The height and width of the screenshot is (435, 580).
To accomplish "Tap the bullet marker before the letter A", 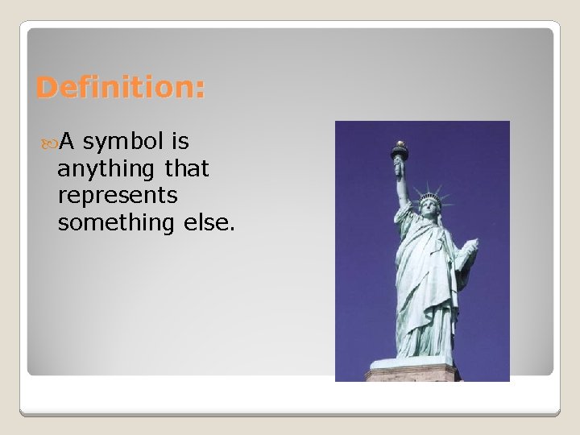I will [49, 143].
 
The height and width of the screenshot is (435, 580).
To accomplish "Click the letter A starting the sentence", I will [68, 143].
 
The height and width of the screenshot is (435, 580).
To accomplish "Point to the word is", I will [180, 143].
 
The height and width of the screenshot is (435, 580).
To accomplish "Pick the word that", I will [186, 169].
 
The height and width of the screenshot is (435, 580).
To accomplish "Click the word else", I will [210, 222].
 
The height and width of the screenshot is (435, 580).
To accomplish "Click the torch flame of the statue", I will [399, 146].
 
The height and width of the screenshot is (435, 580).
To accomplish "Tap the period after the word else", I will [232, 229].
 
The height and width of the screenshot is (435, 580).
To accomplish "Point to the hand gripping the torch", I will [399, 166].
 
